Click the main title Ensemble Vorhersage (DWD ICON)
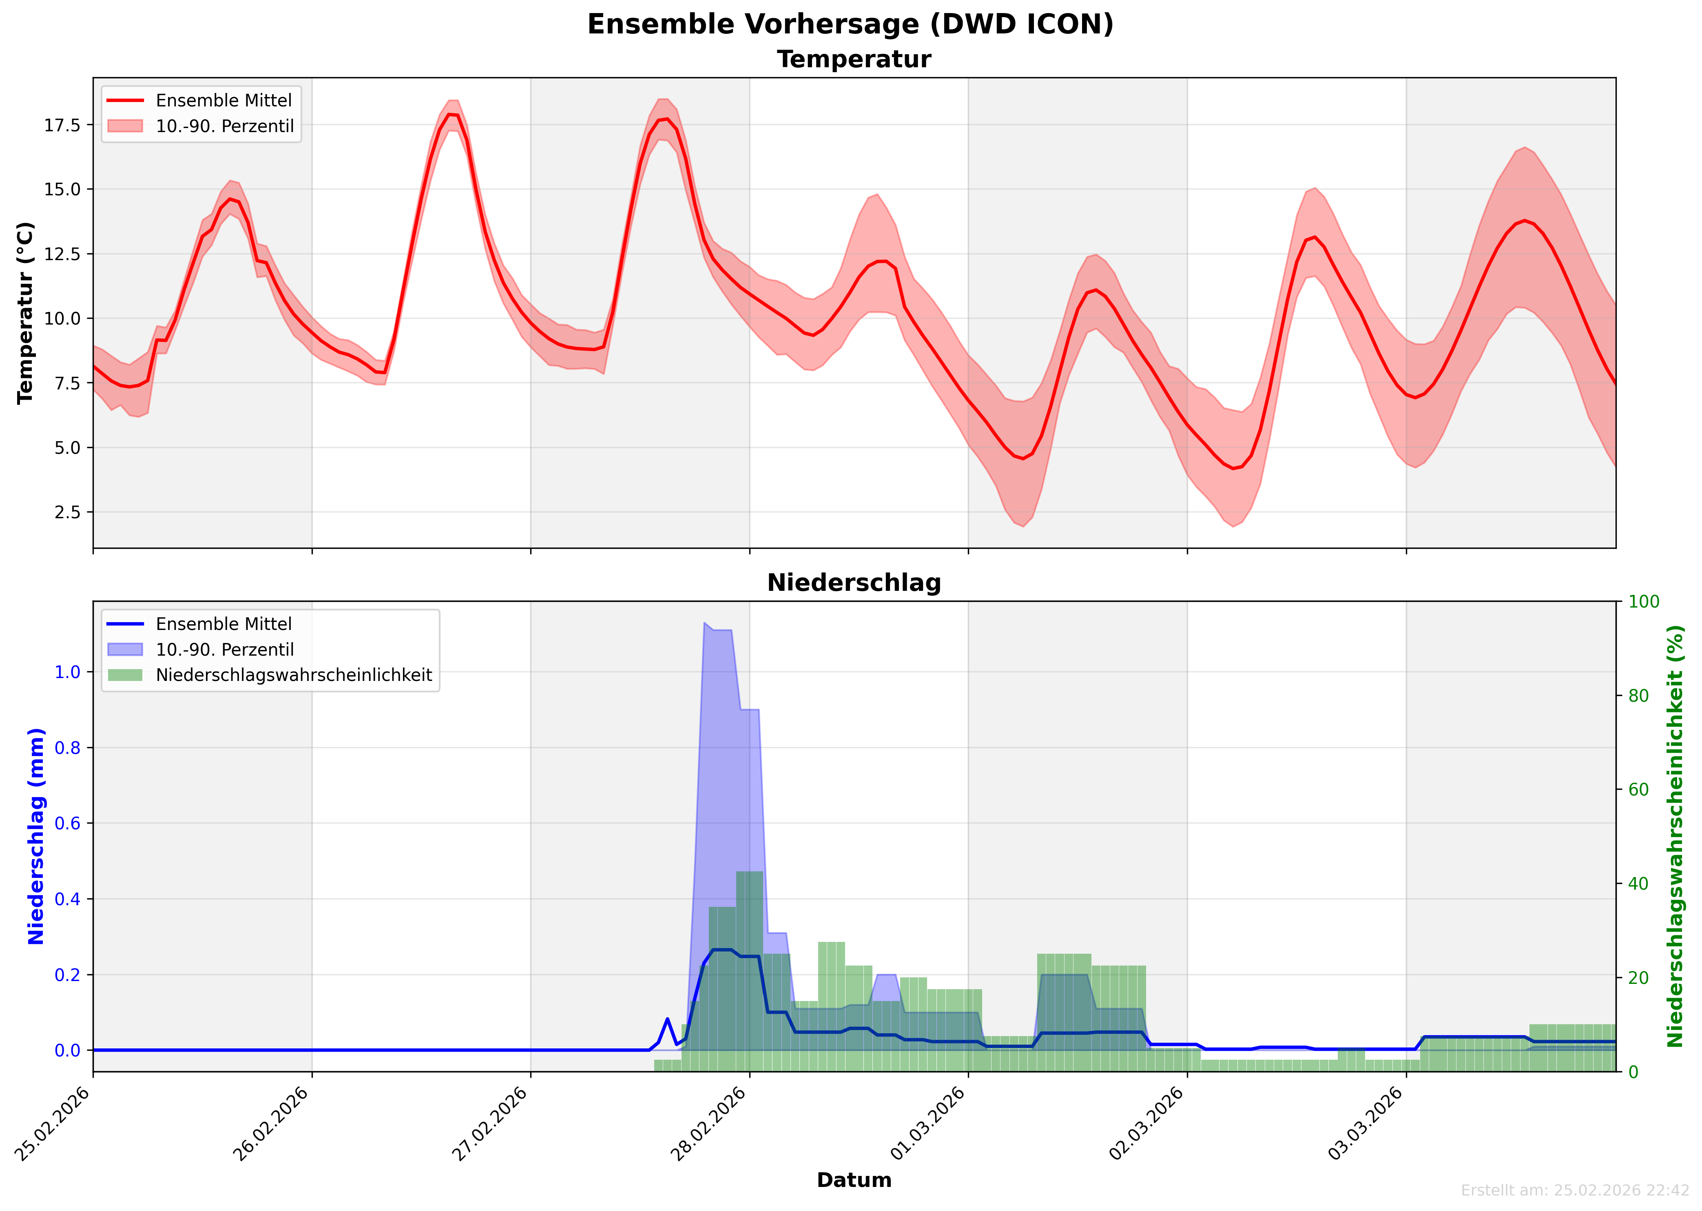[x=850, y=24]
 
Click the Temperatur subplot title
[x=854, y=60]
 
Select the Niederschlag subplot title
[x=854, y=583]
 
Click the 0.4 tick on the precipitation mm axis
[x=67, y=900]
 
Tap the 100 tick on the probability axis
[x=1644, y=602]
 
